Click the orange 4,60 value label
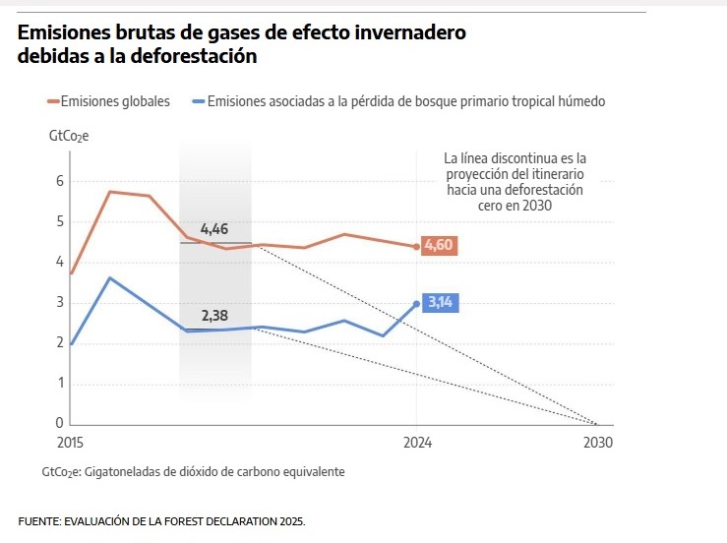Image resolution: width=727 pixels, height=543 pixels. click(x=439, y=245)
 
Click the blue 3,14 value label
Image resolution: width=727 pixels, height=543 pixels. click(x=440, y=302)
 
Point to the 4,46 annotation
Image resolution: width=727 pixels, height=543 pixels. click(x=214, y=229)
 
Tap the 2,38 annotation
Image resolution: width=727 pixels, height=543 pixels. click(x=214, y=316)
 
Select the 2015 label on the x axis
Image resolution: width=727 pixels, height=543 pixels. click(x=71, y=443)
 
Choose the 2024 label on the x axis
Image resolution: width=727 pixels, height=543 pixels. click(x=417, y=443)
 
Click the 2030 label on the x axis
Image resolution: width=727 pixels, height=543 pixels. click(x=597, y=443)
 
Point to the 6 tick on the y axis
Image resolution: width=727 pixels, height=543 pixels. click(x=59, y=181)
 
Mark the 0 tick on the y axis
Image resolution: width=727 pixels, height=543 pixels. click(x=59, y=423)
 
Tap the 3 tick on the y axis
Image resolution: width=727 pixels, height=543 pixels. click(x=59, y=302)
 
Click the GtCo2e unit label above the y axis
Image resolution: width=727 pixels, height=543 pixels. click(x=69, y=136)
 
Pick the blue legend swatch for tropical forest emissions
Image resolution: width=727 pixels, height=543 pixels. click(x=197, y=100)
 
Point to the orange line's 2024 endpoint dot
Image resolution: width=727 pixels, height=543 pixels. click(x=417, y=247)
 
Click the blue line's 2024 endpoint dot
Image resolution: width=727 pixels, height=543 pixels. click(x=417, y=303)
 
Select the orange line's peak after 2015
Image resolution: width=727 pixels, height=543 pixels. click(x=109, y=192)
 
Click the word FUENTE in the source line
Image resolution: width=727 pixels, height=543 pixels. click(x=39, y=520)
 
